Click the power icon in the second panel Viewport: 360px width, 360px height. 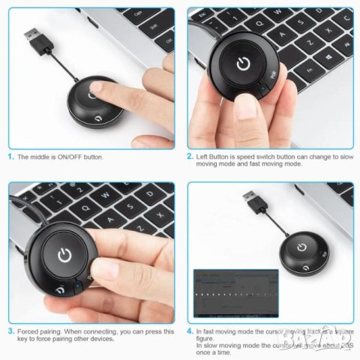(242, 63)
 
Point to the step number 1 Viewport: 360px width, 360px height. (10, 157)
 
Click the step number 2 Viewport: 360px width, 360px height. (190, 157)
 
